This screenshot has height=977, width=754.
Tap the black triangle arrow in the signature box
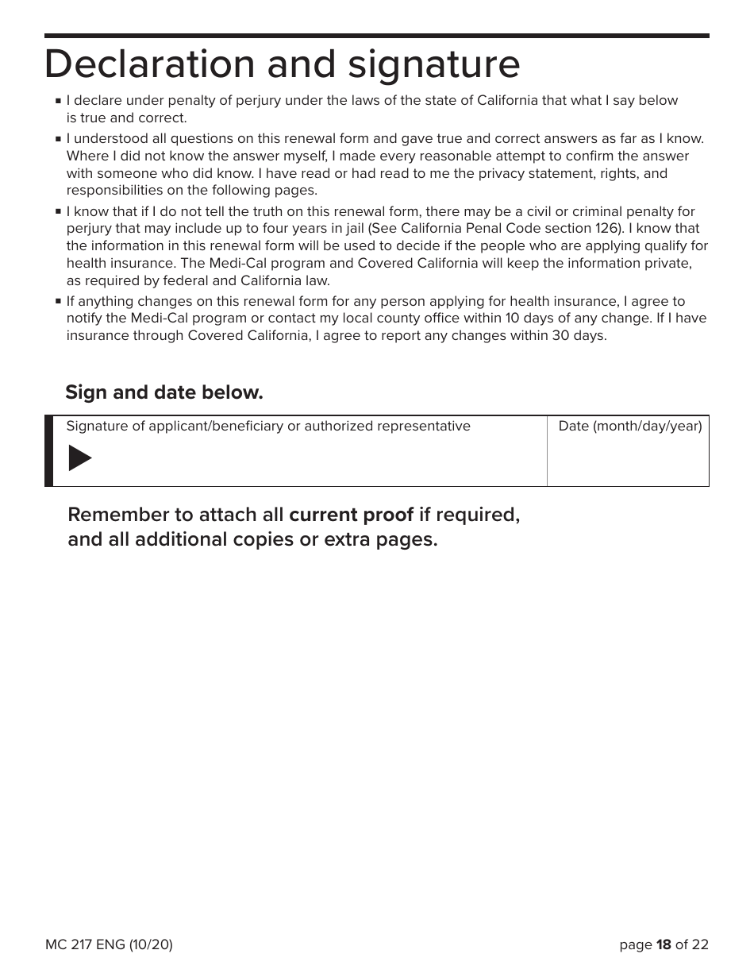point(79,458)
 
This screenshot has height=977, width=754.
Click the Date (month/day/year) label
point(630,427)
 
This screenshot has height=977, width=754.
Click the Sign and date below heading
point(164,392)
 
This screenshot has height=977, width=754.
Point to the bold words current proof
point(351,515)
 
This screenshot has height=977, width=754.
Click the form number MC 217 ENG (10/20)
point(109,944)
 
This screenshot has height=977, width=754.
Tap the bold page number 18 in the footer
point(664,944)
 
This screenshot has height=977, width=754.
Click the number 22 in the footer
point(700,944)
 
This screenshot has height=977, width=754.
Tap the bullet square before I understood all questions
point(59,139)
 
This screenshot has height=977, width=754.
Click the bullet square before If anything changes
point(59,302)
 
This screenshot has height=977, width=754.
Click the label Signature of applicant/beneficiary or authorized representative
point(268,427)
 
